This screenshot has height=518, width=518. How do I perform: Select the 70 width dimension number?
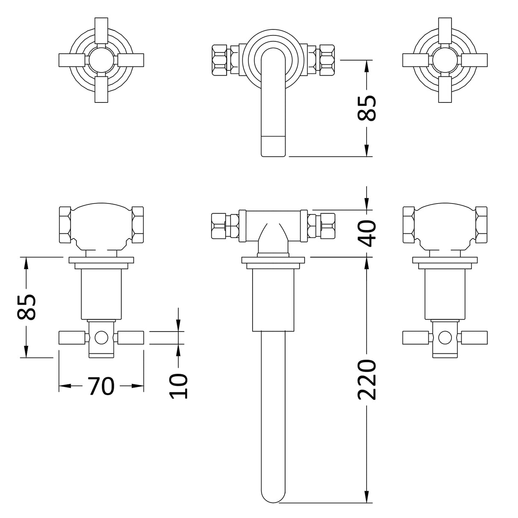(x=101, y=386)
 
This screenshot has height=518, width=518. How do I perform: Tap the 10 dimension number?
(x=178, y=386)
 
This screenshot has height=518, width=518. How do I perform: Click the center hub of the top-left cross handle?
(x=101, y=60)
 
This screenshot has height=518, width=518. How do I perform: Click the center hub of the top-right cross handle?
(x=445, y=60)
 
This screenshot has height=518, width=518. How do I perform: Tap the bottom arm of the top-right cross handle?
(x=445, y=89)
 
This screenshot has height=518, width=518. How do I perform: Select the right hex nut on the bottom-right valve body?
(x=482, y=225)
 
